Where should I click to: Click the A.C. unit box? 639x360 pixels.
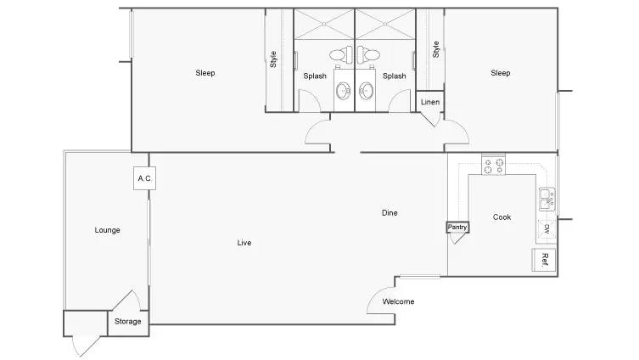click(x=144, y=178)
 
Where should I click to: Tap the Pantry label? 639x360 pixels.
click(x=457, y=227)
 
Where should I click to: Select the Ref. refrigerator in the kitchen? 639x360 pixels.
click(x=544, y=260)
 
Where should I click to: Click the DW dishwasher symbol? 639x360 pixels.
click(x=547, y=229)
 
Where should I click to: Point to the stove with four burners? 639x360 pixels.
click(x=494, y=166)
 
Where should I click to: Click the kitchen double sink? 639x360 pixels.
click(x=547, y=199)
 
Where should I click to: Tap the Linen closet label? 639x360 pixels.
click(x=430, y=102)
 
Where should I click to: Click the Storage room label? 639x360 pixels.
click(x=127, y=321)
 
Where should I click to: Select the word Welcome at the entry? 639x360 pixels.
click(x=398, y=301)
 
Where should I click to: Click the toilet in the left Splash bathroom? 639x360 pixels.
click(x=341, y=54)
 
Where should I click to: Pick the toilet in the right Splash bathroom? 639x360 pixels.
click(x=368, y=54)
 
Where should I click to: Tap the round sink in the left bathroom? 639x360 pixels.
click(x=343, y=91)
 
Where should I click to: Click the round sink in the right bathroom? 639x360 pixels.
click(x=366, y=91)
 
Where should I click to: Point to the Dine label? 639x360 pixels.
click(x=390, y=212)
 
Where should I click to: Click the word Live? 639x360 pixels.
click(x=244, y=243)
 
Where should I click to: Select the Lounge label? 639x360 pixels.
click(x=107, y=230)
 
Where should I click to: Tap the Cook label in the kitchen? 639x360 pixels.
click(x=502, y=217)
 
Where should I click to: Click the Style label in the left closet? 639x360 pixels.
click(x=273, y=59)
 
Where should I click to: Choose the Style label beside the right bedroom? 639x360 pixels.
click(x=435, y=49)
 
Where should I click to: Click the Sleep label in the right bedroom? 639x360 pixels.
click(x=501, y=73)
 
